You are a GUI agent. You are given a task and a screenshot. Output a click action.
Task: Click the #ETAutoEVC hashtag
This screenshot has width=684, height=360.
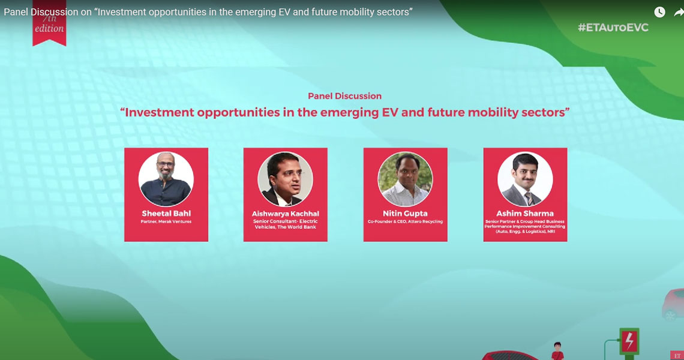pyautogui.click(x=613, y=28)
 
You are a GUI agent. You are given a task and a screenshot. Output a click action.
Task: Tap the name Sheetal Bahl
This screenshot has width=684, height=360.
pyautogui.click(x=166, y=214)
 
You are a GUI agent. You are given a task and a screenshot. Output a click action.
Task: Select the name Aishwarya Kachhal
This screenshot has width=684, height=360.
pyautogui.click(x=285, y=214)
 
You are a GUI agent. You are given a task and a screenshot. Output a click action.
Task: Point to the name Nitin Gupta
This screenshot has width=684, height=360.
pyautogui.click(x=405, y=214)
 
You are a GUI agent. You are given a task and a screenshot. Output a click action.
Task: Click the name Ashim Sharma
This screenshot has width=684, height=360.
pyautogui.click(x=525, y=214)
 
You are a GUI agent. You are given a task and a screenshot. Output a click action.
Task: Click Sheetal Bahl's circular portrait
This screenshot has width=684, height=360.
pyautogui.click(x=166, y=179)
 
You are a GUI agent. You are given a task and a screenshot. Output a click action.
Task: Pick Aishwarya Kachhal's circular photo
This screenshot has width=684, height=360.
pyautogui.click(x=285, y=179)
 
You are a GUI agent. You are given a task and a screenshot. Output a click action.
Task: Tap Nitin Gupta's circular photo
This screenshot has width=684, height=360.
pyautogui.click(x=405, y=179)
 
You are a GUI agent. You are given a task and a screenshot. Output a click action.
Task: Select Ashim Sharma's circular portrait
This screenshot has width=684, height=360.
pyautogui.click(x=525, y=179)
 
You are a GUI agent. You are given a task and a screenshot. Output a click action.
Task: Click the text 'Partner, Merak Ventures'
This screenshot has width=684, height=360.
pyautogui.click(x=166, y=221)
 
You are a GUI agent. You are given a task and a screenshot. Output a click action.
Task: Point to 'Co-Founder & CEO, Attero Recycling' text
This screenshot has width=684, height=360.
pyautogui.click(x=405, y=221)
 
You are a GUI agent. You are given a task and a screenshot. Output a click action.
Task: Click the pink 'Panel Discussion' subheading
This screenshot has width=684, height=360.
pyautogui.click(x=344, y=96)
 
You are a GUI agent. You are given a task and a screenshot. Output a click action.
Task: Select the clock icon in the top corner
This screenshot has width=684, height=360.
pyautogui.click(x=659, y=12)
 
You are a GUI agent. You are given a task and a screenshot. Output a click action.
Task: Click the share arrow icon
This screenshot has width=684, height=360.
pyautogui.click(x=679, y=12)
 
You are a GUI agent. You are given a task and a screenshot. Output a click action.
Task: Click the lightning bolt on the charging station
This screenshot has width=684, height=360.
pyautogui.click(x=629, y=341)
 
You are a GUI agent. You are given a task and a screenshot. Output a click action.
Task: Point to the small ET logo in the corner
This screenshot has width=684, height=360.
pyautogui.click(x=677, y=356)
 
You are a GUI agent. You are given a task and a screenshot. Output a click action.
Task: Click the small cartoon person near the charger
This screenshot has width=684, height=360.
pyautogui.click(x=557, y=351)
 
